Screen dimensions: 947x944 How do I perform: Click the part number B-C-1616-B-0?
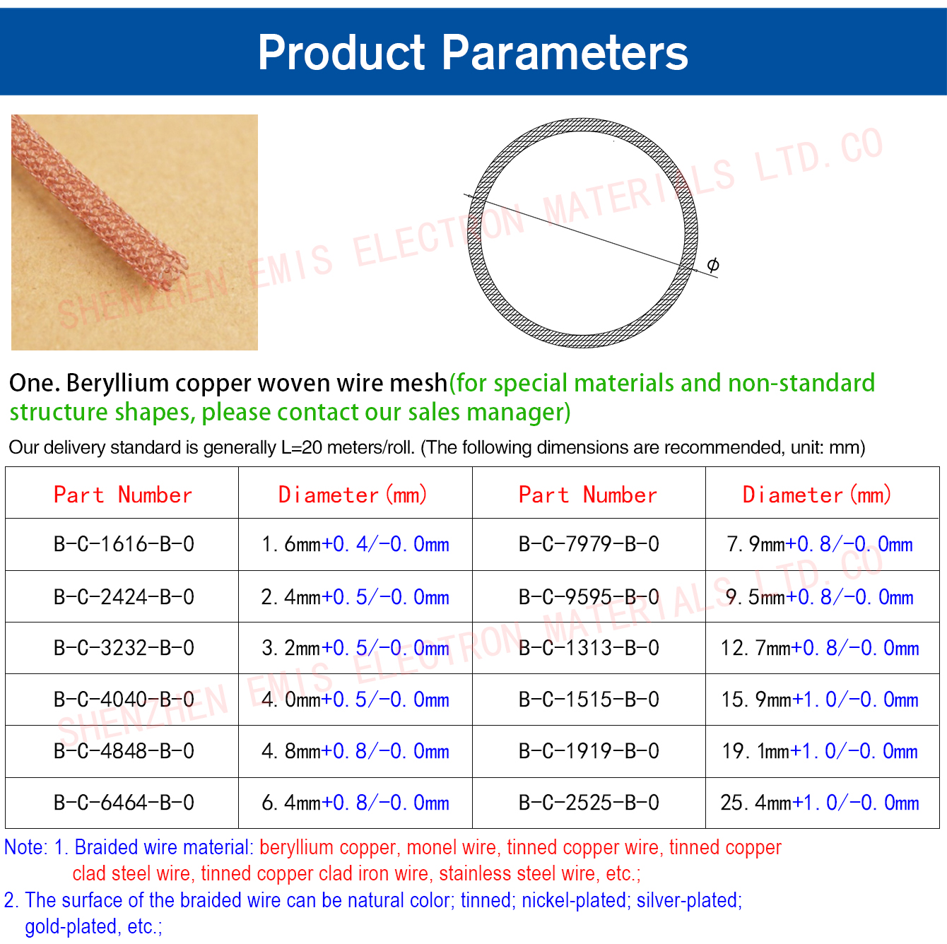pos(124,544)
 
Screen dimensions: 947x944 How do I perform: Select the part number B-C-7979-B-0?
pos(589,544)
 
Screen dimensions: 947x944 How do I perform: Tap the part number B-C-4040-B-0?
pos(124,700)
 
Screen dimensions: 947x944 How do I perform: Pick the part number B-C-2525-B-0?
pos(589,803)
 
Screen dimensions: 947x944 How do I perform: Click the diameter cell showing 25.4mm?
pos(820,803)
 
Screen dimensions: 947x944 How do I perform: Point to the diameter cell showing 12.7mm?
pos(820,648)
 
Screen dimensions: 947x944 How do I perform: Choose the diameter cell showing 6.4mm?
pos(355,803)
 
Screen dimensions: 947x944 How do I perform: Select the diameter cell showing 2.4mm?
pos(355,596)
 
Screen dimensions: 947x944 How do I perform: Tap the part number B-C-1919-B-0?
pos(589,751)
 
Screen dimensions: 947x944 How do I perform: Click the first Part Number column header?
pos(123,495)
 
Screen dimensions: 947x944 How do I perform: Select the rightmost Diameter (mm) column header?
pos(817,495)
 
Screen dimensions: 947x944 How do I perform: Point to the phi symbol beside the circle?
pos(713,265)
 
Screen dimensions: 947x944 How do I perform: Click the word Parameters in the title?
pos(565,52)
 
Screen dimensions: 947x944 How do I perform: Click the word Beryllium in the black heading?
pos(118,383)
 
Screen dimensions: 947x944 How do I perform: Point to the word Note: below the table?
pos(26,847)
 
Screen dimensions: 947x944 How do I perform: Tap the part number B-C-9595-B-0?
pos(589,596)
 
